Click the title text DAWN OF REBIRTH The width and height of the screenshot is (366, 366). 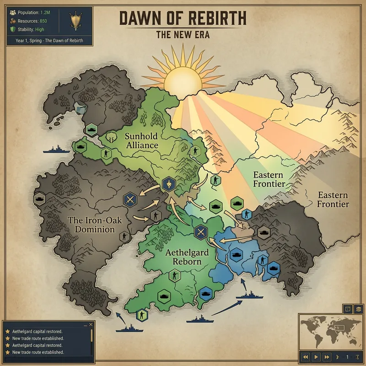[183, 18]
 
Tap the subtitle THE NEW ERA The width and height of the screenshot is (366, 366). [183, 35]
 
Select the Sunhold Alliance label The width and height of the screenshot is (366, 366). [141, 141]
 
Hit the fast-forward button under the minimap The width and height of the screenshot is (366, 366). [326, 356]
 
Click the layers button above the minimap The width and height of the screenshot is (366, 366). [358, 308]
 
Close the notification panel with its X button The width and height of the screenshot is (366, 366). [91, 324]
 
